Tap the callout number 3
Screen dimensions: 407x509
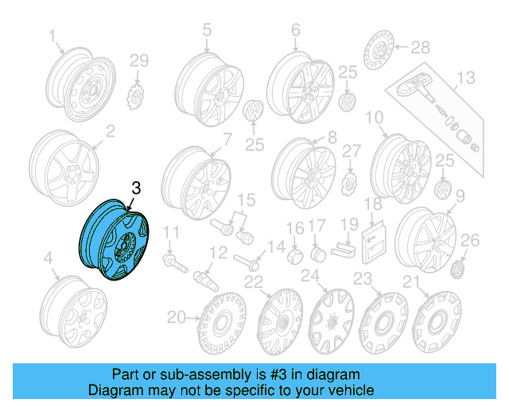click(136, 188)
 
